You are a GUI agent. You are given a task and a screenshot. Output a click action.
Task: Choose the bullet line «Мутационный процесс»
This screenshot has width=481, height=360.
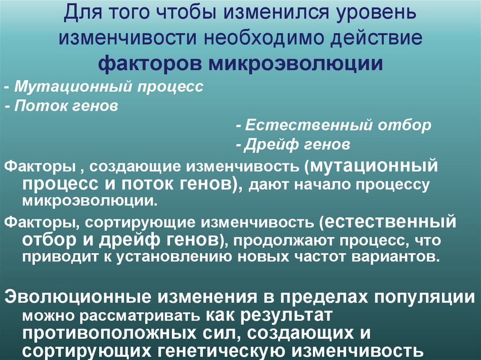[109, 87]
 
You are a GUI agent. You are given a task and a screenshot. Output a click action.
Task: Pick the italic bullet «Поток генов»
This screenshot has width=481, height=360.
[65, 106]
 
